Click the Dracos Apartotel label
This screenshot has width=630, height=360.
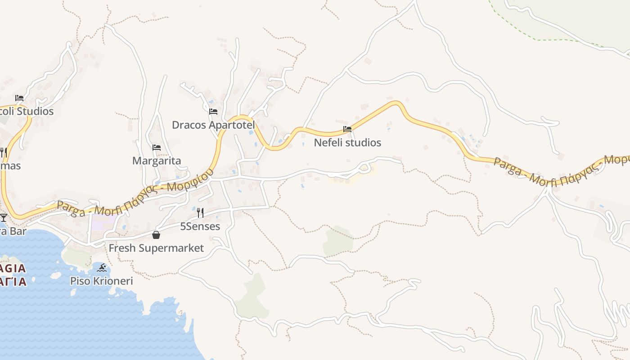click(213, 125)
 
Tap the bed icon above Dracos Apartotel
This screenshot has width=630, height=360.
click(213, 111)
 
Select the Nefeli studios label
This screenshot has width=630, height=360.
click(347, 143)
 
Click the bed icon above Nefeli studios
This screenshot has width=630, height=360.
click(347, 129)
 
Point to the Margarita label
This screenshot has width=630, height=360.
click(157, 161)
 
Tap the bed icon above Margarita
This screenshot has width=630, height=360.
click(157, 147)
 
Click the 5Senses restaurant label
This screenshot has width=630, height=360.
click(200, 226)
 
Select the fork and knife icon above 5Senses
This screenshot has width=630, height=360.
click(200, 212)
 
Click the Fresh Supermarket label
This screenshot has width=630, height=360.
click(156, 248)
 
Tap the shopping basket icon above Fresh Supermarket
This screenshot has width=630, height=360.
click(156, 235)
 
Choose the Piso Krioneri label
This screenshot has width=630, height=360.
click(102, 281)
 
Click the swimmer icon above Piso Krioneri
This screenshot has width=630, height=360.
click(102, 268)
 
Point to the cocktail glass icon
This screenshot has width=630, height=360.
click(4, 218)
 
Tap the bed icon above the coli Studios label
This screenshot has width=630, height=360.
click(19, 98)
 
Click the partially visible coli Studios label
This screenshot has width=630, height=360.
click(27, 111)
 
